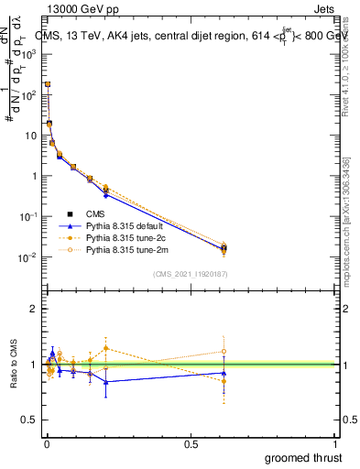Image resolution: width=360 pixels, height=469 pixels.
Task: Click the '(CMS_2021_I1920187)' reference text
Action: [x=190, y=273]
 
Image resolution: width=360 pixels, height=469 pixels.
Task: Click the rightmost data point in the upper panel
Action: [x=224, y=247]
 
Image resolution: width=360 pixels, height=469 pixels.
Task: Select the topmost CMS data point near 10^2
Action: [x=48, y=84]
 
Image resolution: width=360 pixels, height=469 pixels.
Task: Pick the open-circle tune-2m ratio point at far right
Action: [x=224, y=352]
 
